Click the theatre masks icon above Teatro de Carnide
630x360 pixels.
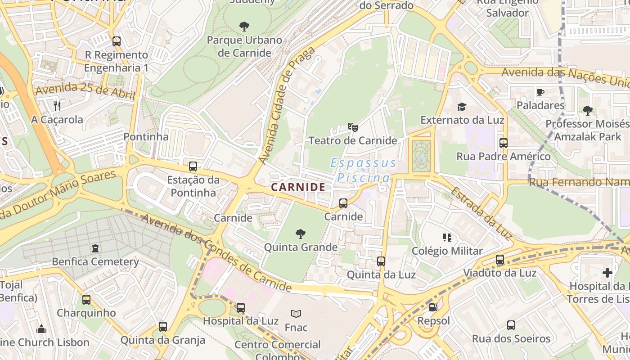(353, 127)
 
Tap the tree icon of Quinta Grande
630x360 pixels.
(301, 234)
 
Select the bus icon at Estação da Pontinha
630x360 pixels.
(193, 166)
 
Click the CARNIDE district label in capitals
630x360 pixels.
(298, 187)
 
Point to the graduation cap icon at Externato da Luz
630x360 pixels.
(462, 107)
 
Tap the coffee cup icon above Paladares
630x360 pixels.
(540, 92)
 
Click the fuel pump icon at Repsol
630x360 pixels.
(433, 307)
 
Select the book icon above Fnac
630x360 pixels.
(296, 314)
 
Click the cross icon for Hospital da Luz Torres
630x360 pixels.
(607, 272)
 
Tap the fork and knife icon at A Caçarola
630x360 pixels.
(57, 106)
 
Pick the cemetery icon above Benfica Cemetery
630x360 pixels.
(95, 248)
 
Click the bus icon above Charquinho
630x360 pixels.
(86, 299)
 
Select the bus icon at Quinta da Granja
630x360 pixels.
(163, 326)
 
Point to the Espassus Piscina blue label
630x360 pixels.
(364, 170)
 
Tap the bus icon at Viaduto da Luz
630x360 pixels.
(500, 260)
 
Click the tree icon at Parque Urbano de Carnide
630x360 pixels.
(244, 26)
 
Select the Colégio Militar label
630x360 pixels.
(447, 251)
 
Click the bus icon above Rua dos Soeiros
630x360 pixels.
(511, 325)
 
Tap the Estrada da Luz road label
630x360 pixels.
(481, 213)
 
